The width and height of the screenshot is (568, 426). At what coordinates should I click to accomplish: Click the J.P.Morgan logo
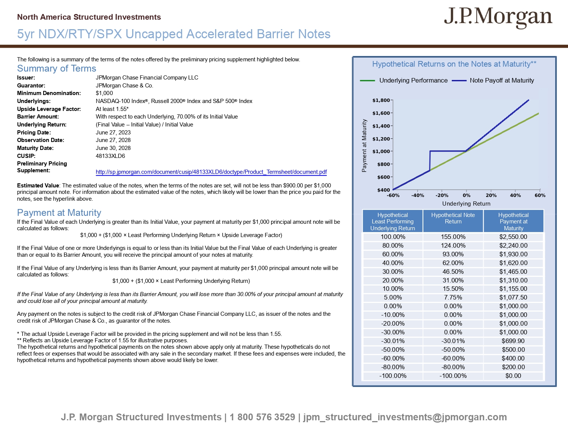tap(498, 17)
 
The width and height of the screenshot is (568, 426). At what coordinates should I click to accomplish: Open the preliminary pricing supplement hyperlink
tap(211, 172)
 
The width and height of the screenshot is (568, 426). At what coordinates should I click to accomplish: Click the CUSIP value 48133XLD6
tap(110, 156)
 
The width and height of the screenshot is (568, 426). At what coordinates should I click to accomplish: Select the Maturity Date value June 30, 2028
tap(113, 148)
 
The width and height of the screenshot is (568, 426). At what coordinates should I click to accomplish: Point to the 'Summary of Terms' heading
tap(56, 69)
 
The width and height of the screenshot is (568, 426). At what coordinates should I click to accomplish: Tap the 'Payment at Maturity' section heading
tap(59, 213)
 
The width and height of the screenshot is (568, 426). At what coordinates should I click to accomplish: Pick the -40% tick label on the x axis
tap(418, 195)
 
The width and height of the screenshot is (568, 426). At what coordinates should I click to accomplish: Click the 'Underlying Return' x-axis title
tap(466, 204)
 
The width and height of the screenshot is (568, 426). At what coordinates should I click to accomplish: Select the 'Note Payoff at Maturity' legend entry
tap(502, 80)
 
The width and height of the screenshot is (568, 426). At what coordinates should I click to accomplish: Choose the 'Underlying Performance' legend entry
tap(413, 80)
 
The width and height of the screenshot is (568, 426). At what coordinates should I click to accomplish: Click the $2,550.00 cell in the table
tap(513, 237)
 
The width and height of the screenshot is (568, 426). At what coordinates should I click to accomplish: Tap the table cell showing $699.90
tap(513, 341)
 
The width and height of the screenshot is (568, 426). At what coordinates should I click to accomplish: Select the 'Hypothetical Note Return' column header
tap(453, 218)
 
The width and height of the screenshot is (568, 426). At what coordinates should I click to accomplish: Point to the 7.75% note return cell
tap(453, 298)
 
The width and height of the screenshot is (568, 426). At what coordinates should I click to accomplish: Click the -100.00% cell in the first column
tap(393, 376)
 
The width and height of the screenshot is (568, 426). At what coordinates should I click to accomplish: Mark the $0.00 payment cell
tap(513, 376)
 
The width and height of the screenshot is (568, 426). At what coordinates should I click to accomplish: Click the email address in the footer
tap(405, 417)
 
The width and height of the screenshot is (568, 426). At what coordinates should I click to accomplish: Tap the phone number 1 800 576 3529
tap(262, 417)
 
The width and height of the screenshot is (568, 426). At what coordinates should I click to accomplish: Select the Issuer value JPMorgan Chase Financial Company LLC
tap(147, 78)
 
